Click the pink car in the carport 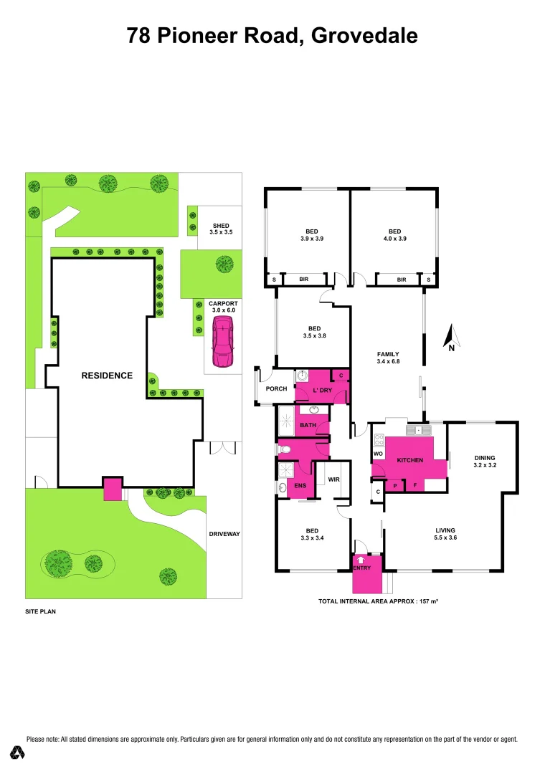pyautogui.click(x=223, y=342)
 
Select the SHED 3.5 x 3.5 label pyautogui.click(x=220, y=229)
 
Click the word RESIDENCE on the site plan pyautogui.click(x=107, y=376)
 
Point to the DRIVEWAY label pyautogui.click(x=224, y=534)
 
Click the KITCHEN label pyautogui.click(x=410, y=460)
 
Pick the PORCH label pyautogui.click(x=276, y=389)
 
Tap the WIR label pyautogui.click(x=333, y=479)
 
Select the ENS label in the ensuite pyautogui.click(x=300, y=486)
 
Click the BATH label pyautogui.click(x=308, y=425)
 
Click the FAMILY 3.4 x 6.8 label pyautogui.click(x=388, y=358)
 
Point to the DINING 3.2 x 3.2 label pyautogui.click(x=484, y=461)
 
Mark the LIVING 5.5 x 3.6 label pyautogui.click(x=445, y=534)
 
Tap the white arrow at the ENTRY pyautogui.click(x=361, y=559)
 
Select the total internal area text pyautogui.click(x=378, y=601)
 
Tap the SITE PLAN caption pyautogui.click(x=40, y=612)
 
